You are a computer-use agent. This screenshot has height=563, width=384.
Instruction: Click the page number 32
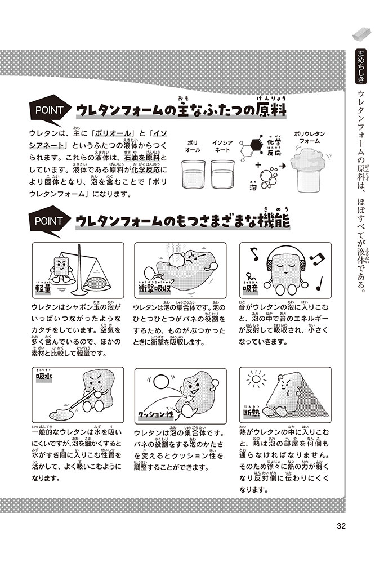point(341,526)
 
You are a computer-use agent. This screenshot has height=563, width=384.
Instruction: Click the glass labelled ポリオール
point(193,174)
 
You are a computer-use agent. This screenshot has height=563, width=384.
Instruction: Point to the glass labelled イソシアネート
point(222,174)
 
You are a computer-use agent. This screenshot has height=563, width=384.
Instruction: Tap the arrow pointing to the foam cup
point(282,166)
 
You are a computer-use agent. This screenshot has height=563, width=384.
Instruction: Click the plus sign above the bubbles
point(258,165)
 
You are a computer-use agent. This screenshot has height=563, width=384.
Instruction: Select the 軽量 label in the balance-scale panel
point(43,288)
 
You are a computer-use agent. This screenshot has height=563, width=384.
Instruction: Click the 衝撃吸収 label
point(154,288)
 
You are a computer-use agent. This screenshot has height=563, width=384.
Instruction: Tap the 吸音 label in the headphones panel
point(251,288)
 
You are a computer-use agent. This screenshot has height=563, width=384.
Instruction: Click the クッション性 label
point(156,414)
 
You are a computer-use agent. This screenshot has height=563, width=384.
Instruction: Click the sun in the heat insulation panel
point(256,379)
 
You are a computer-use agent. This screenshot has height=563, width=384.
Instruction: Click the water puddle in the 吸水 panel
point(61,414)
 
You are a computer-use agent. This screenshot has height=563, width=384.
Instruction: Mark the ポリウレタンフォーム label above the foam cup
point(309,137)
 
